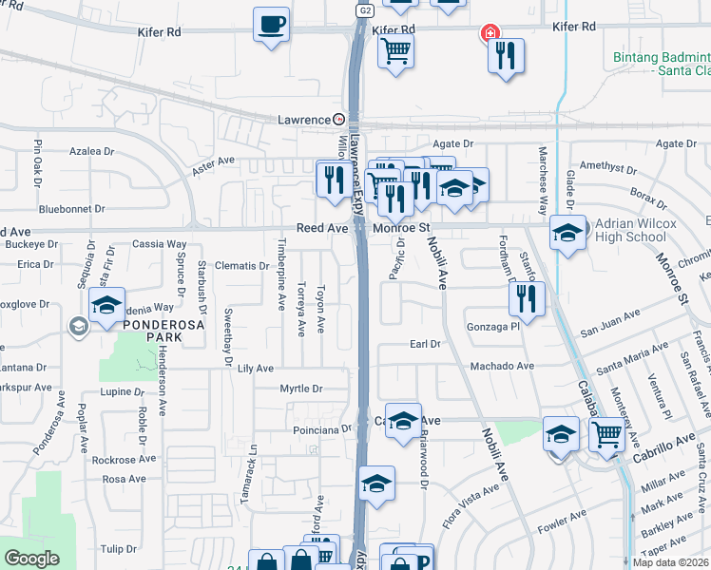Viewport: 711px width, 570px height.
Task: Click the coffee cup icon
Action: pos(272,24)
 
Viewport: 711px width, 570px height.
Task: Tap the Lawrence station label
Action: pos(303,121)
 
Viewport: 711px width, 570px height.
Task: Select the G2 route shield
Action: pos(365,10)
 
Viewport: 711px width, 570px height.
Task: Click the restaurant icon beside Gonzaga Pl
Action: pos(527,299)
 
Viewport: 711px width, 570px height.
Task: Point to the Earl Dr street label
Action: pos(426,344)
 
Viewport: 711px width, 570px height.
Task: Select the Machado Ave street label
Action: pos(507,366)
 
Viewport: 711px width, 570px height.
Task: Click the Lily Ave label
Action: pos(255,368)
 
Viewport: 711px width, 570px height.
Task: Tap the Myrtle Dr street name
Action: pos(301,389)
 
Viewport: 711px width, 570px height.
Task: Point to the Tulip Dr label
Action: pos(119,549)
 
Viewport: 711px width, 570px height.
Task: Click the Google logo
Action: pos(32,559)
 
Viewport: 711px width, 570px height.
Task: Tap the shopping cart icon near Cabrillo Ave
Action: pos(606,435)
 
